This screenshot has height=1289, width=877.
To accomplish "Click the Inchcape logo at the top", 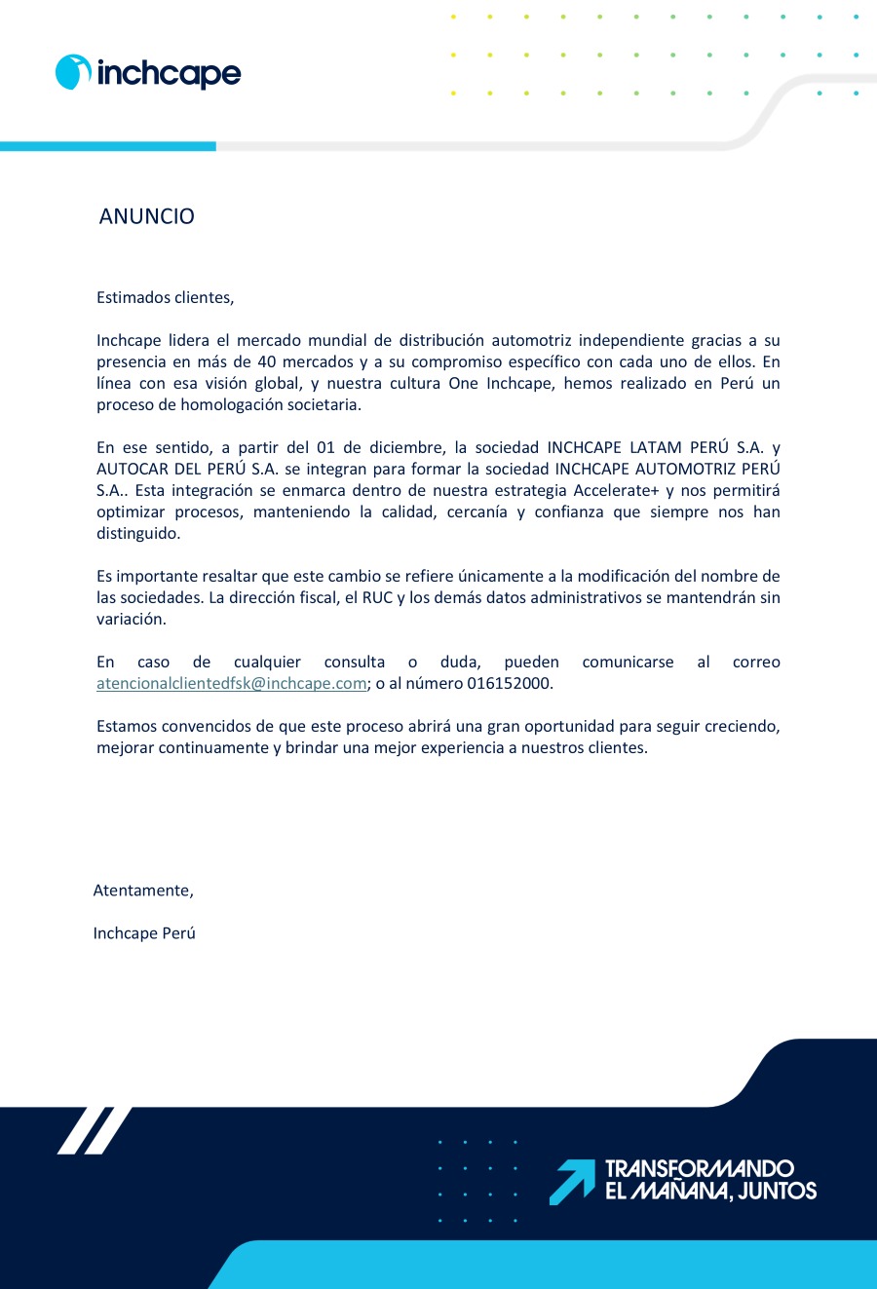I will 148,73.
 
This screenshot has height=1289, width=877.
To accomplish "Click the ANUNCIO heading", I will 147,216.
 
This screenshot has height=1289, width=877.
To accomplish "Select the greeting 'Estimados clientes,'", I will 166,297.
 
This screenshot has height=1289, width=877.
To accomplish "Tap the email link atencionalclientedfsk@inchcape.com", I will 231,684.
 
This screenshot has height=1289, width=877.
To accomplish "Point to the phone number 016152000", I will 510,684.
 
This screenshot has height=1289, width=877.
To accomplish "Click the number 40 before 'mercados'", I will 268,362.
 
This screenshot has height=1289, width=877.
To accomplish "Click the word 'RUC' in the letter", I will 377,598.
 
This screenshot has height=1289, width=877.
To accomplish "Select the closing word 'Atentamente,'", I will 143,891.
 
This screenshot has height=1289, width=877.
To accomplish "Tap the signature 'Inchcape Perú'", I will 144,933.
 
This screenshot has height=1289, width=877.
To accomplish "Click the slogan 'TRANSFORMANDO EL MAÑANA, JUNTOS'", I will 710,1180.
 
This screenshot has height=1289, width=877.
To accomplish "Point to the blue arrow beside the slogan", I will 572,1181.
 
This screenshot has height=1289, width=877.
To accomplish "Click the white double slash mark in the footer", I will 94,1130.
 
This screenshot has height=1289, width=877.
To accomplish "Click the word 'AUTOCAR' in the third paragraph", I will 131,470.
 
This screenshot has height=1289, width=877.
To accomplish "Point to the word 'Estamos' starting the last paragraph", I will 126,727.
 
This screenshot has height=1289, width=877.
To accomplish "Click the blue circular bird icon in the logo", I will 73,72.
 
